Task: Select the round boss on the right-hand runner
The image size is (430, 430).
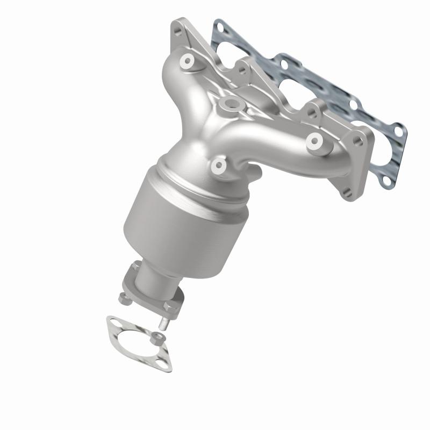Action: [x=314, y=141]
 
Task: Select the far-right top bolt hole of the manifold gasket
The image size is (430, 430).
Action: [x=398, y=129]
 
